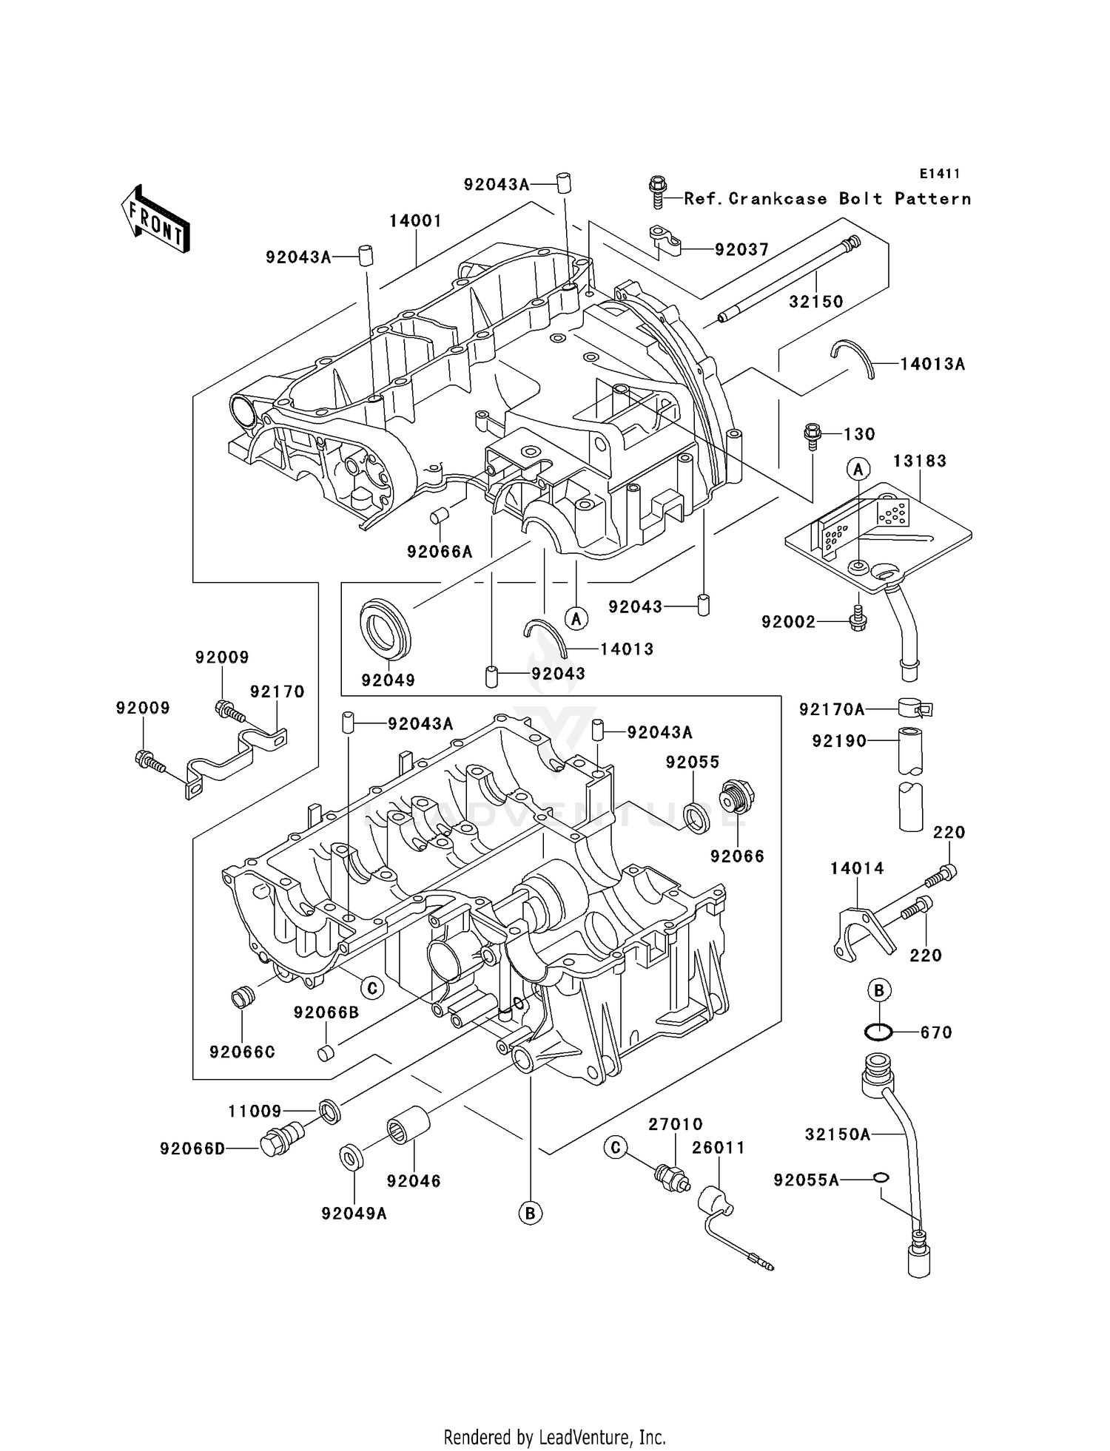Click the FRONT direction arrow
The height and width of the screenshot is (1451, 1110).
click(155, 220)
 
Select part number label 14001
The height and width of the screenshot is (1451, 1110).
click(416, 221)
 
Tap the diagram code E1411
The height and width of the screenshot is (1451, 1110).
click(940, 174)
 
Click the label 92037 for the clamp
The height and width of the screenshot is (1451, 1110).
click(741, 250)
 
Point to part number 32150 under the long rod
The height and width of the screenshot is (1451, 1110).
click(815, 302)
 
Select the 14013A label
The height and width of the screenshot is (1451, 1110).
click(932, 364)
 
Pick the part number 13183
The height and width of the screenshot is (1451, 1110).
click(919, 461)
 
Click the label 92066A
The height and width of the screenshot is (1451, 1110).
click(440, 552)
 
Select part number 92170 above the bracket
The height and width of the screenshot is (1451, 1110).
click(277, 691)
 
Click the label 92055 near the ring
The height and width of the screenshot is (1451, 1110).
click(692, 762)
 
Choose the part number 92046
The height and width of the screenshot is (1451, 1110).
click(414, 1181)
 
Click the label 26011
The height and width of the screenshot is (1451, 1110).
click(718, 1148)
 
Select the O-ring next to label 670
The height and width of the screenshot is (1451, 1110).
click(878, 1032)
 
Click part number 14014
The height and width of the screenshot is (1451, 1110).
click(856, 868)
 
